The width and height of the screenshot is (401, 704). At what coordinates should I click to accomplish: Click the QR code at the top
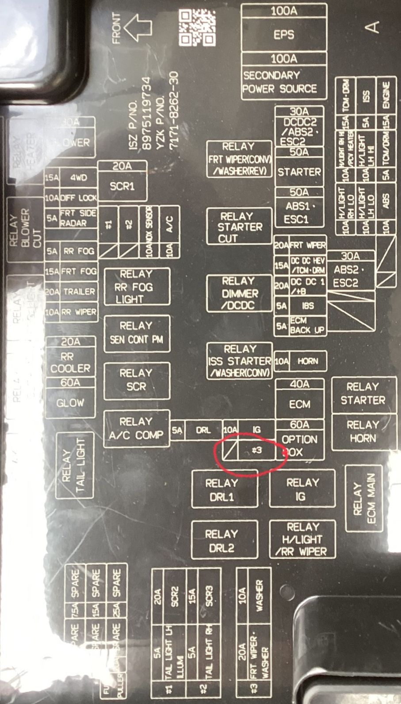tap(197, 28)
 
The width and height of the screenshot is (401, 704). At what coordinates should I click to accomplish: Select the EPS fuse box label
tap(283, 34)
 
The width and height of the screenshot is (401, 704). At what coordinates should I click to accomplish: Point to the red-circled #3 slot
tap(256, 451)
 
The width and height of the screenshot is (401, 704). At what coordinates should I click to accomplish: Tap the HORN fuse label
tap(307, 361)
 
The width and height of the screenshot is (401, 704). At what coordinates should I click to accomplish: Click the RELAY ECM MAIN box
tap(364, 498)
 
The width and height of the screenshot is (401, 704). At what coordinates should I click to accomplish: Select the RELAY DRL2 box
tap(224, 540)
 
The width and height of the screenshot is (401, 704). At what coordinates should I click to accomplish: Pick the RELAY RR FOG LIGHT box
tap(137, 287)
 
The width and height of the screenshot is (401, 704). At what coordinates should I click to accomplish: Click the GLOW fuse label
tap(70, 403)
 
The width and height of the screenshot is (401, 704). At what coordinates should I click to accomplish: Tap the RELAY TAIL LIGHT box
tap(74, 465)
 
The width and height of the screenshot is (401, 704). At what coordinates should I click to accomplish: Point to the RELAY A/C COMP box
tap(137, 429)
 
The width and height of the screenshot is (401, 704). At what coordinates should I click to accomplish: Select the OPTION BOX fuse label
tap(299, 445)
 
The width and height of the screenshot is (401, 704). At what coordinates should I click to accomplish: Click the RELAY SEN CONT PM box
tap(137, 333)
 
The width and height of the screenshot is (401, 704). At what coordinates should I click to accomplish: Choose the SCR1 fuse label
tap(122, 186)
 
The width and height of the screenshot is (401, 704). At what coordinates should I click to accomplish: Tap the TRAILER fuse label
tap(79, 292)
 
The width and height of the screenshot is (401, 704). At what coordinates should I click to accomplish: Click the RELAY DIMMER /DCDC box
tap(239, 293)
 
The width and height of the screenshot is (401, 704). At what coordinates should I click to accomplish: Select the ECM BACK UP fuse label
tap(307, 325)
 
